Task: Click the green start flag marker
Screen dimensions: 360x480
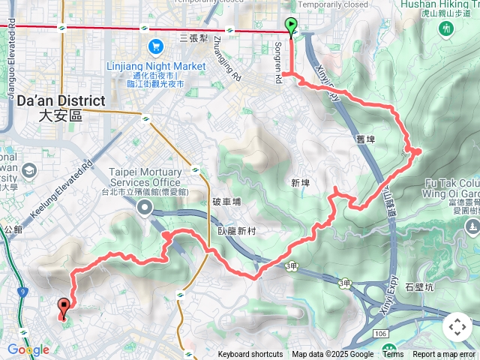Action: pyautogui.click(x=291, y=27)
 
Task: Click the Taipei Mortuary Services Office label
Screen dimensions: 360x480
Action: pyautogui.click(x=145, y=177)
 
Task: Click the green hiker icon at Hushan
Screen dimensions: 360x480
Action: pyautogui.click(x=447, y=28)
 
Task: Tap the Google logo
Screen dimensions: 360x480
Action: pyautogui.click(x=28, y=349)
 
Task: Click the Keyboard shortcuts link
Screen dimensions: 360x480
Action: pyautogui.click(x=250, y=355)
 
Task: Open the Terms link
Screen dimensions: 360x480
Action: pyautogui.click(x=393, y=355)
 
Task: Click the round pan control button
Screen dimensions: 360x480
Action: pyautogui.click(x=457, y=327)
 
